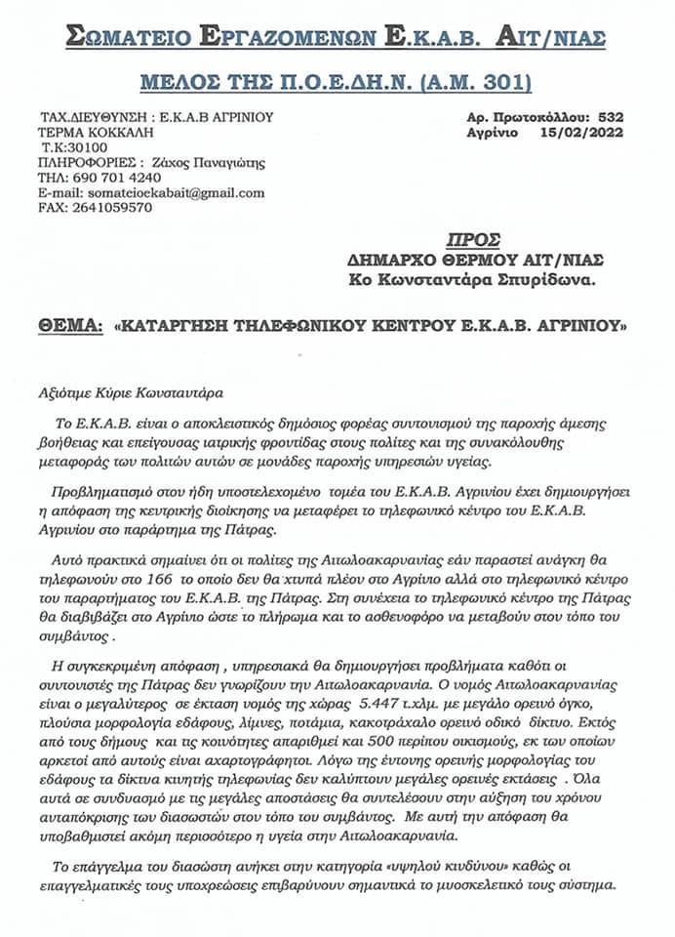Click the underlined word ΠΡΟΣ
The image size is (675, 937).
point(473,240)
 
